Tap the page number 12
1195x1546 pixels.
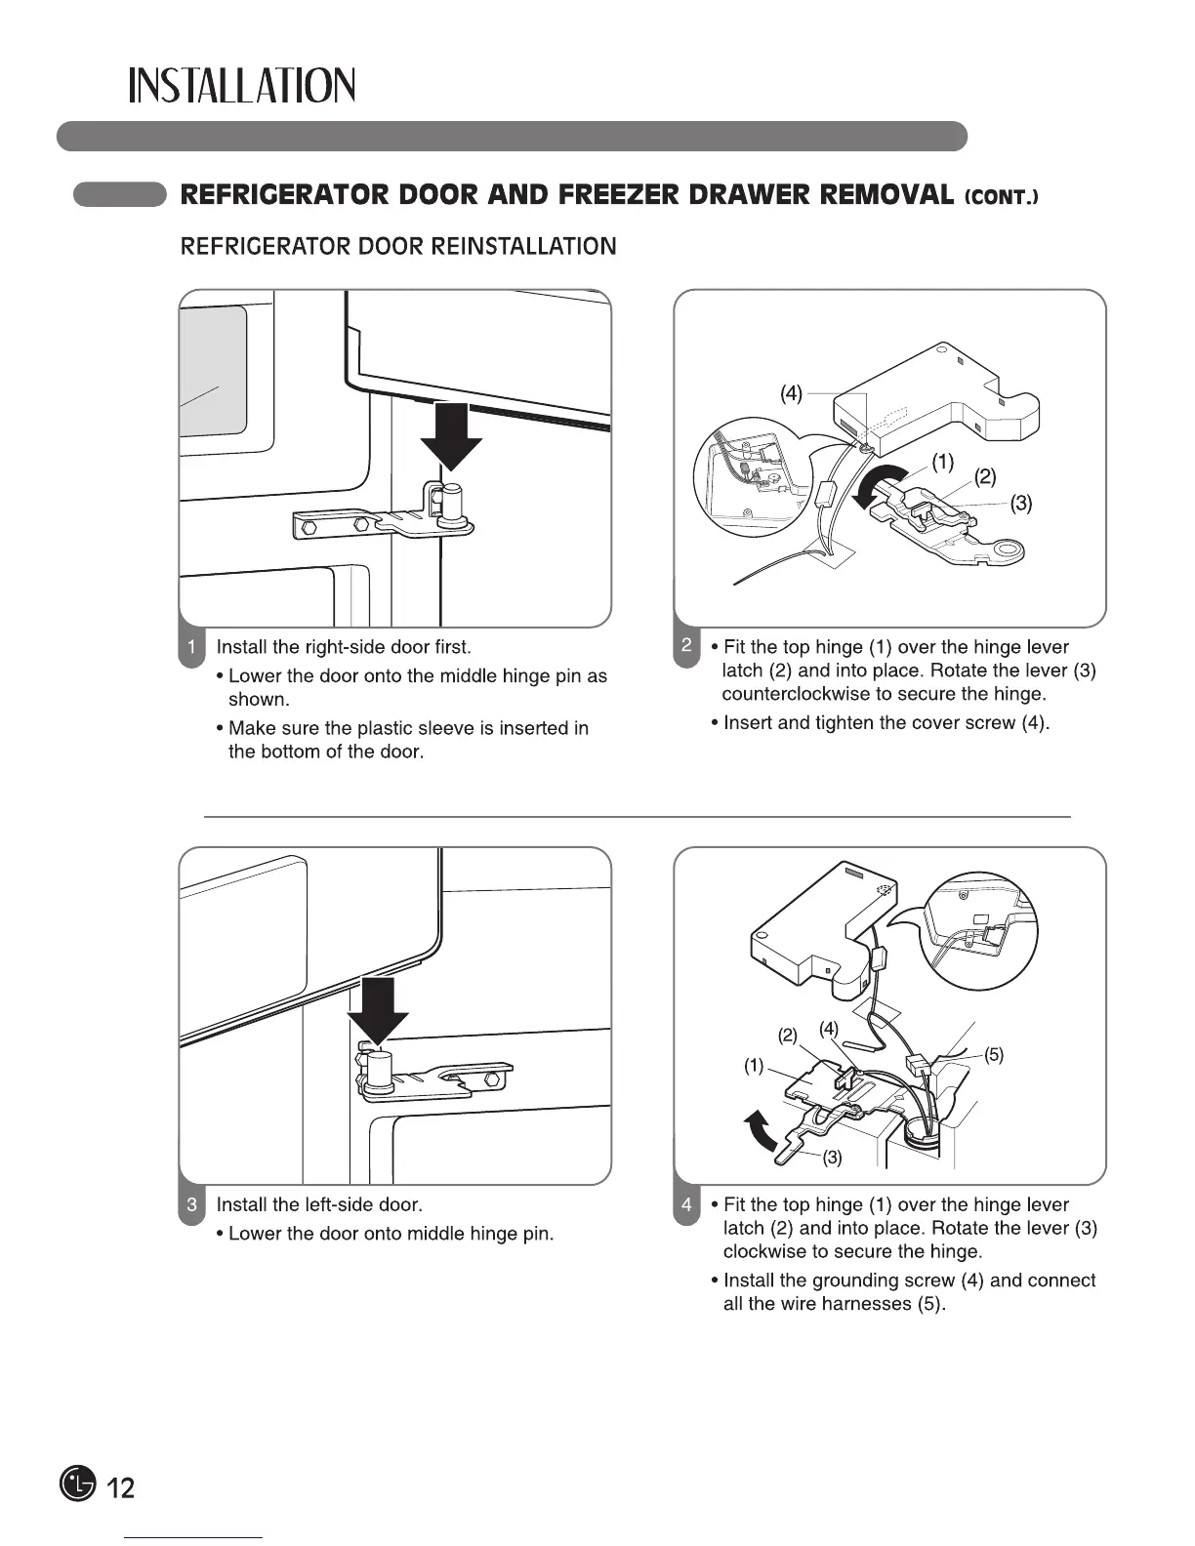pyautogui.click(x=119, y=1487)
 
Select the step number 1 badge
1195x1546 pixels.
pyautogui.click(x=192, y=647)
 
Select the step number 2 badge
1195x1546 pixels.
pyautogui.click(x=687, y=645)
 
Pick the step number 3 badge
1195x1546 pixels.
pyautogui.click(x=192, y=1204)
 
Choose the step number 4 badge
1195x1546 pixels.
pyautogui.click(x=687, y=1204)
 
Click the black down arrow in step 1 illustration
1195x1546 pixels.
pyautogui.click(x=451, y=435)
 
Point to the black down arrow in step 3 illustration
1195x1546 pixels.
pyautogui.click(x=378, y=1010)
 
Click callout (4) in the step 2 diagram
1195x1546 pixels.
pyautogui.click(x=791, y=393)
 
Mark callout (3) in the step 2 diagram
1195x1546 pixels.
pyautogui.click(x=1021, y=504)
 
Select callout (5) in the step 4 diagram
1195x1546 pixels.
pyautogui.click(x=993, y=1054)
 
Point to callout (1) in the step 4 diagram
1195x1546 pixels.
pyautogui.click(x=754, y=1066)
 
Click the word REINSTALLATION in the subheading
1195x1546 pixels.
pyautogui.click(x=523, y=246)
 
